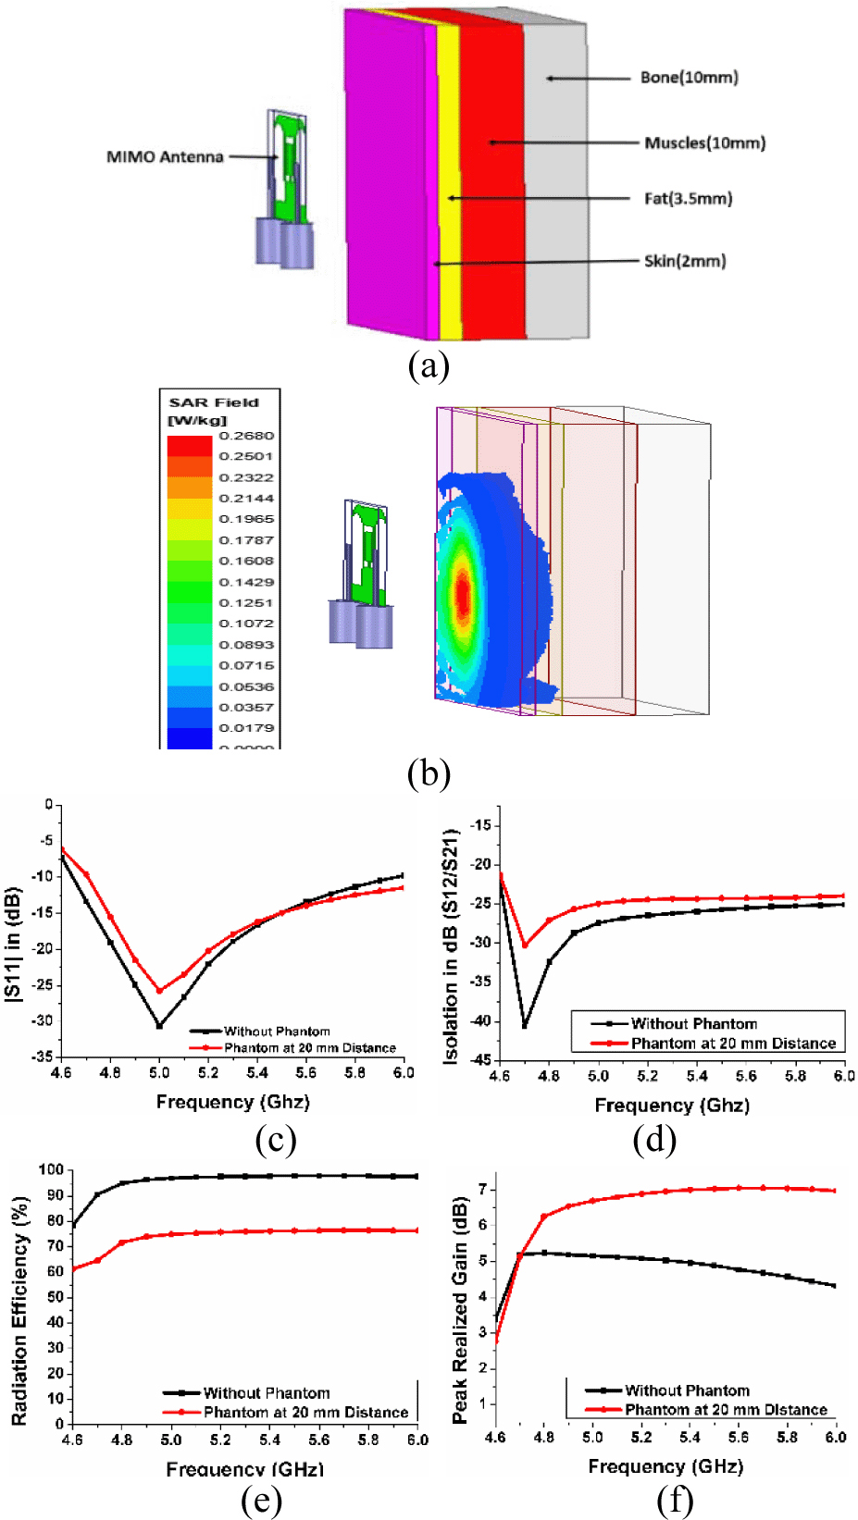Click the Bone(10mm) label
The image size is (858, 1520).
(x=690, y=78)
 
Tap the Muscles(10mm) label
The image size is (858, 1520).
(x=705, y=142)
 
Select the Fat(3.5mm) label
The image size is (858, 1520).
(x=688, y=198)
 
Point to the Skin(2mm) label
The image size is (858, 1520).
(x=685, y=261)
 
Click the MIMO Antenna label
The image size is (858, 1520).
(x=165, y=156)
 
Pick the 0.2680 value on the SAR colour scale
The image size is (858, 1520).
(x=246, y=436)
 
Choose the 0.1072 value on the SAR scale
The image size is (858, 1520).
(x=246, y=624)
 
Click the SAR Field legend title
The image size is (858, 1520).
(x=214, y=402)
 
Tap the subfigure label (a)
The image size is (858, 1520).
(x=429, y=365)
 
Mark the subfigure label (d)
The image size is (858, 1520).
(x=654, y=1139)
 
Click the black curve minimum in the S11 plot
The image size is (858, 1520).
(x=159, y=1025)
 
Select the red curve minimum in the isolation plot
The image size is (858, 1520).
(x=525, y=945)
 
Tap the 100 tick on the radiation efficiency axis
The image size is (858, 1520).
(x=52, y=1170)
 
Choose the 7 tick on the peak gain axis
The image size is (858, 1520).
(x=482, y=1189)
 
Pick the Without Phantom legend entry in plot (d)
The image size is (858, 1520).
(x=693, y=1023)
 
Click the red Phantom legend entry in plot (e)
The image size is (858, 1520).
(x=305, y=1413)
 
